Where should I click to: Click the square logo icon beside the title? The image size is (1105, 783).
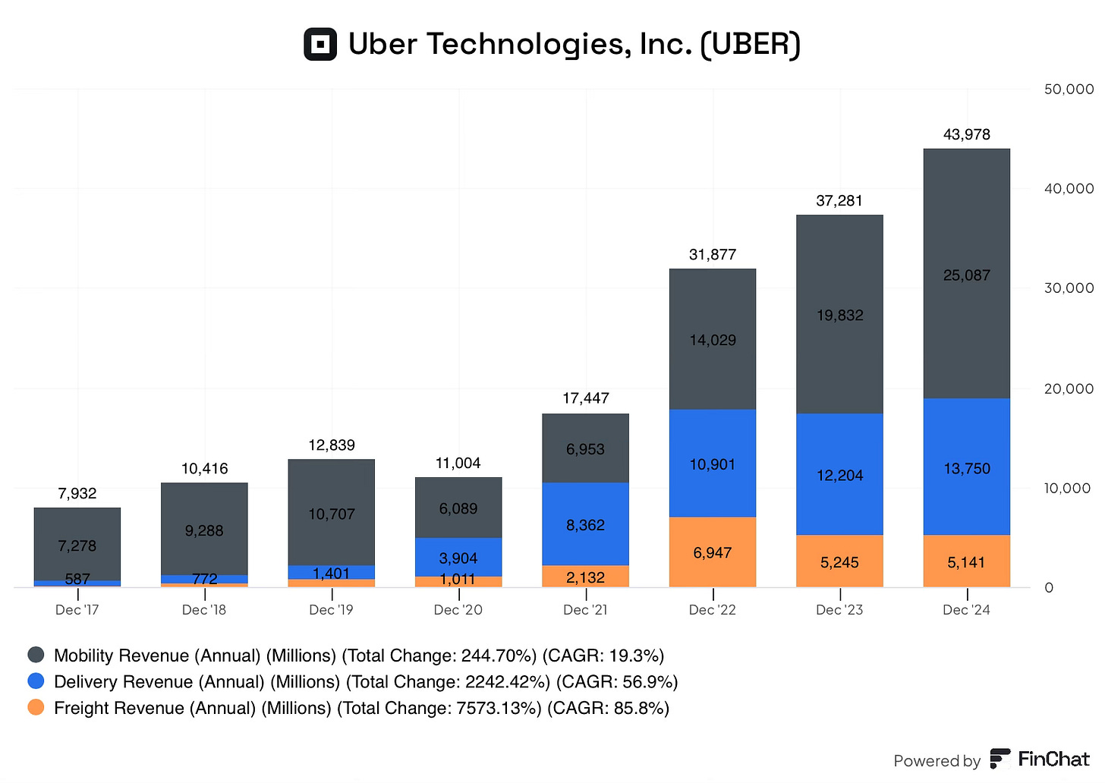(320, 44)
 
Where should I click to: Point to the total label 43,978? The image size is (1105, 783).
(966, 134)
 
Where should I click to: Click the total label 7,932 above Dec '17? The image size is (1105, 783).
(77, 493)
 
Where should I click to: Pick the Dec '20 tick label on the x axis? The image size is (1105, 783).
(458, 610)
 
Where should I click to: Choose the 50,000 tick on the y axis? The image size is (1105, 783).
(1069, 90)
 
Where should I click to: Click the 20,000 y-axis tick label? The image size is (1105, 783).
(1069, 388)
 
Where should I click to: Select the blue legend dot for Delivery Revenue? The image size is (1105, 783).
(36, 681)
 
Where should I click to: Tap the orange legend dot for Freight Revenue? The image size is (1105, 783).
(36, 707)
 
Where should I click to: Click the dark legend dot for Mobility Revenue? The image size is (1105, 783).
(36, 655)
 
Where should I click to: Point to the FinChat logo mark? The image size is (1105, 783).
(1000, 759)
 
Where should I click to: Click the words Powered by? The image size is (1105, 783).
(937, 761)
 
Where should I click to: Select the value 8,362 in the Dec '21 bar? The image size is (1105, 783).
(585, 525)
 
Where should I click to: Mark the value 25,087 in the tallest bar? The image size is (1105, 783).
(966, 275)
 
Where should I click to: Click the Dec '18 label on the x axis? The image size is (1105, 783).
(204, 610)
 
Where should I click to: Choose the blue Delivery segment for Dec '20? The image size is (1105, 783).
(458, 557)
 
